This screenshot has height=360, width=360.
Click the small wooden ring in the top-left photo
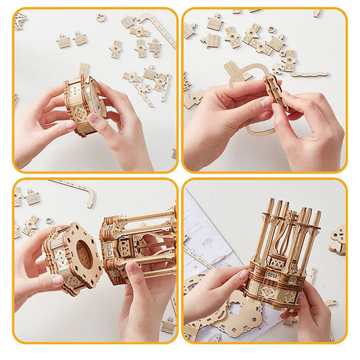[x=101, y=18]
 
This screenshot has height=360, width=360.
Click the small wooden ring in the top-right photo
[x=271, y=30]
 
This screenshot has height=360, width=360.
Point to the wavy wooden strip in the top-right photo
[x=310, y=74]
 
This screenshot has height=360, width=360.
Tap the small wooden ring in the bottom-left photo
[x=49, y=221]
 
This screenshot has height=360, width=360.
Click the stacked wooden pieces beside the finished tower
[x=337, y=240]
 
